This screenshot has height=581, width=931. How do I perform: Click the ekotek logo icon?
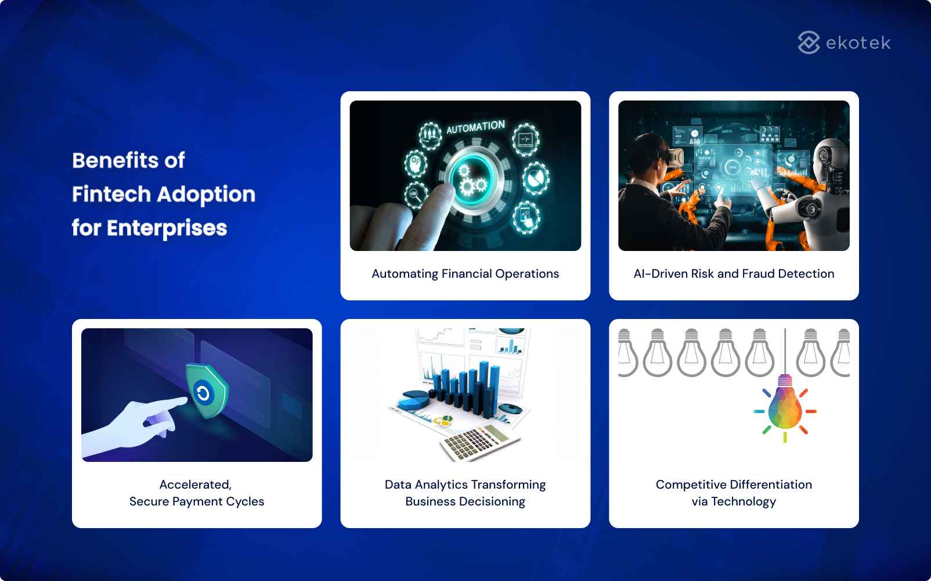pos(809,42)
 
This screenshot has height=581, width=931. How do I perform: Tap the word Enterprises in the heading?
pos(167,228)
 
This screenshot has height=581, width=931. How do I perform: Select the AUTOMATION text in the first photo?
pos(475,127)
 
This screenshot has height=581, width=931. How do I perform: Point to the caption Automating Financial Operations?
pos(465,274)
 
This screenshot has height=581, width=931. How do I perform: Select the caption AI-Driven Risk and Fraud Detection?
pos(734,274)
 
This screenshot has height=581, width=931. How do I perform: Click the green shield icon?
pos(206,391)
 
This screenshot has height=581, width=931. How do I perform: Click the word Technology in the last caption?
pos(743,501)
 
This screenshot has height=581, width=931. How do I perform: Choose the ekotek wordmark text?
pos(857,43)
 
